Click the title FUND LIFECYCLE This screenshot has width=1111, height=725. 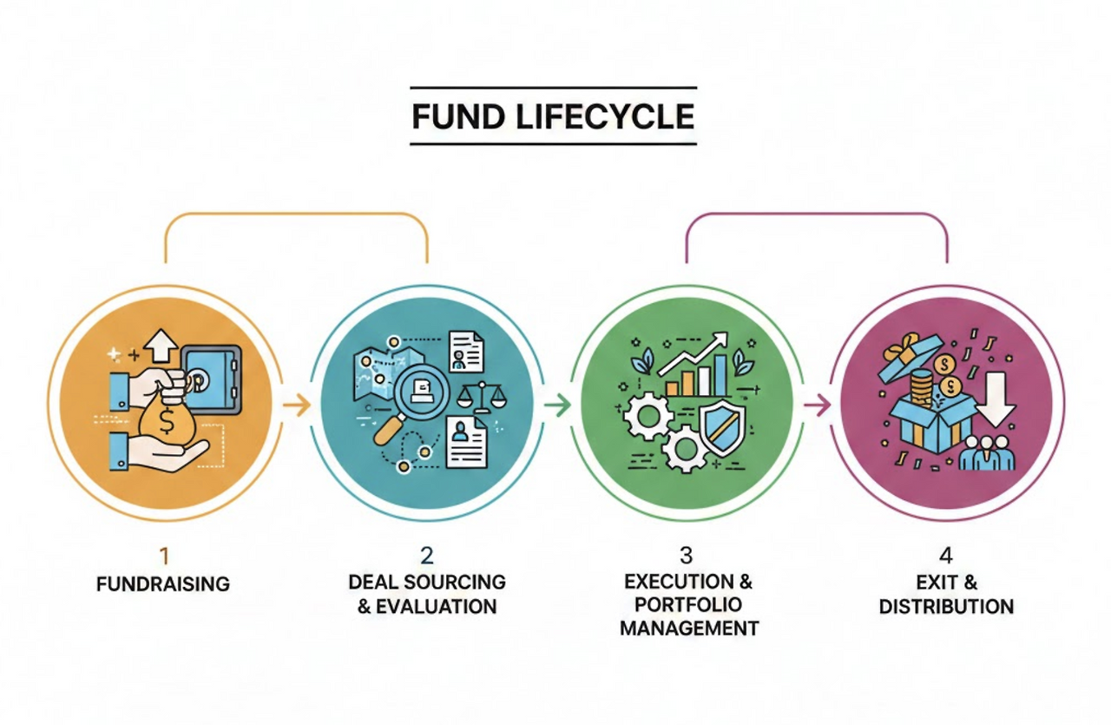pyautogui.click(x=553, y=116)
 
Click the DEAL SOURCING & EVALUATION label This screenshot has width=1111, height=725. pyautogui.click(x=427, y=593)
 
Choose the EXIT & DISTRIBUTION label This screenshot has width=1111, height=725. pyautogui.click(x=946, y=593)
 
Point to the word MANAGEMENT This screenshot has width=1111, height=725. pyautogui.click(x=689, y=627)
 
